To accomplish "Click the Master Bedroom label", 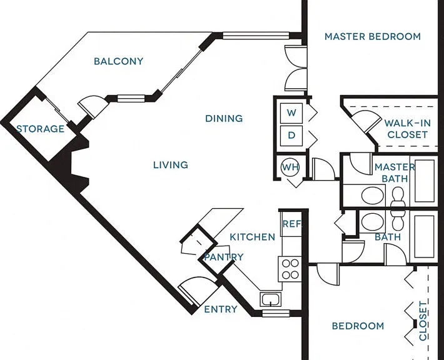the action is point(372,36).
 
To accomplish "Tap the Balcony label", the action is point(119,61).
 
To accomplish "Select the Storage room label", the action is point(40,129).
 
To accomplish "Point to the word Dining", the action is point(224,118).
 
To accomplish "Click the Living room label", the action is point(171,165).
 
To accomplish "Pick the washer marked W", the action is point(291,113).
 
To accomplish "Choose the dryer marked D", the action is point(291,136).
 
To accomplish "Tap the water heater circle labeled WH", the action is point(290,167).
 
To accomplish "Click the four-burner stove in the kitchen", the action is point(290,269).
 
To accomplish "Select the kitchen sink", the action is point(270,299).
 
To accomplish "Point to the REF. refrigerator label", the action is point(292,224).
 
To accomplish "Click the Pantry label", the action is point(224,257).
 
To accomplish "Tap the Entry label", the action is point(221,309).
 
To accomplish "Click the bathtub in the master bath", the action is point(425,181).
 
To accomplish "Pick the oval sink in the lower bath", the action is point(373,221).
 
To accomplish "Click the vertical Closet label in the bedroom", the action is point(423,321).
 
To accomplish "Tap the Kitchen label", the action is point(252,237).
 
